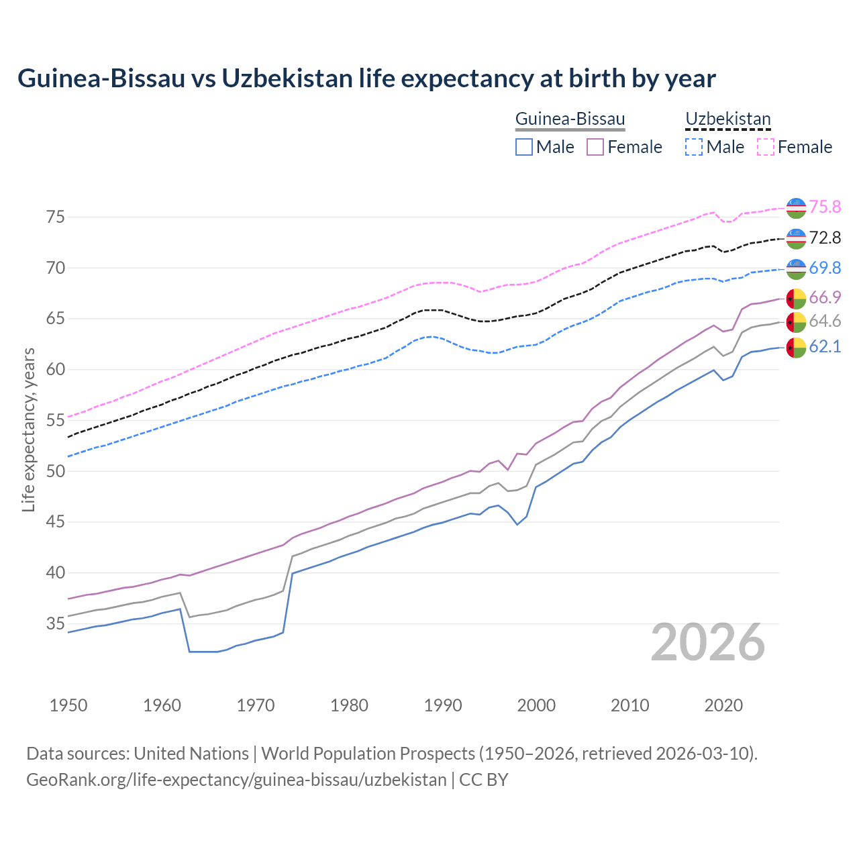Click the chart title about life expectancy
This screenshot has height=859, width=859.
tap(366, 79)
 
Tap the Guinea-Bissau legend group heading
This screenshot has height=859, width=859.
tap(570, 119)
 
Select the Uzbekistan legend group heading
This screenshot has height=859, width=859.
tap(727, 119)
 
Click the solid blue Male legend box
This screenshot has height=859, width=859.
tap(524, 147)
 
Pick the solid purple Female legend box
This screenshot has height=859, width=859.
tap(595, 147)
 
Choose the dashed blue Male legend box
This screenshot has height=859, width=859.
tap(694, 147)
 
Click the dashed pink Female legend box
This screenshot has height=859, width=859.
tap(765, 147)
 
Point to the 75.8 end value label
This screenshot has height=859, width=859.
tap(825, 207)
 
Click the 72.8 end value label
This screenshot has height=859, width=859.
tap(825, 238)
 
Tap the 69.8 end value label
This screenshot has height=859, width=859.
tap(825, 268)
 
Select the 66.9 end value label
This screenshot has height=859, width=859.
tap(825, 298)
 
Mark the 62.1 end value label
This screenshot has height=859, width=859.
tap(825, 347)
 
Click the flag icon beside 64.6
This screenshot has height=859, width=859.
tap(796, 322)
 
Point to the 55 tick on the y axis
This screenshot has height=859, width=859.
tap(55, 420)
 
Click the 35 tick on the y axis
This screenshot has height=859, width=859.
tap(55, 623)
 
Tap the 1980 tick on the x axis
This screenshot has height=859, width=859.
tap(349, 705)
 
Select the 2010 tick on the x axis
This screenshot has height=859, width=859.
tap(630, 705)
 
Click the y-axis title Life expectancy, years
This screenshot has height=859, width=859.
tap(28, 429)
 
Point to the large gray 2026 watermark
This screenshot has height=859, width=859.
tap(708, 643)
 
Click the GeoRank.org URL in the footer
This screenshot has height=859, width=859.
tap(236, 780)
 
